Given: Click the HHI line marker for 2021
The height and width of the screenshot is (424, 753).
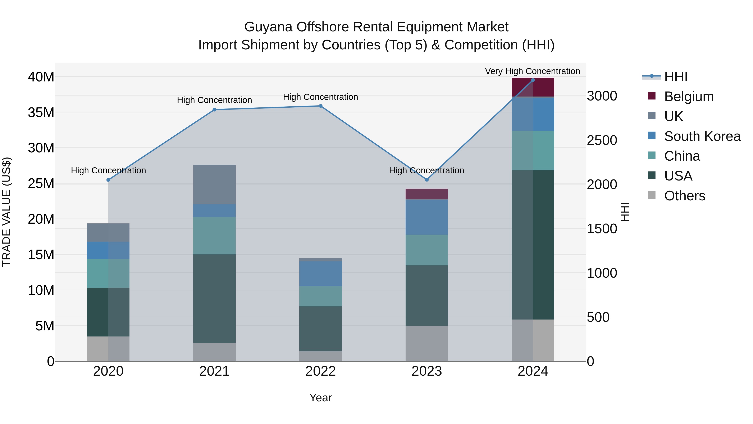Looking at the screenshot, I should coord(214,110).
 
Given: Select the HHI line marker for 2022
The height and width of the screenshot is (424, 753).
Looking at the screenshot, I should coord(320,106).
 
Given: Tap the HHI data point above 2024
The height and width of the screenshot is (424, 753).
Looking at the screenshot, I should coord(533,80).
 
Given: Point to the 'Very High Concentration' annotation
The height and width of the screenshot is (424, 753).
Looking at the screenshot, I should coord(532,71).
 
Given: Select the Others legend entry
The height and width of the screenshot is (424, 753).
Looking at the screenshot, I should coord(684,196).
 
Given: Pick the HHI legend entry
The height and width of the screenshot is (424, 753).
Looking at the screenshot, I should coord(676,77).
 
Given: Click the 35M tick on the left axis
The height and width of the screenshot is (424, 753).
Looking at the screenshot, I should coord(41,112).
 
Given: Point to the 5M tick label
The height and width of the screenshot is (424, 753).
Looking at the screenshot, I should coord(45,326).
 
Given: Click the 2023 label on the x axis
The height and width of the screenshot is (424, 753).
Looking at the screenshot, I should coord(426,371).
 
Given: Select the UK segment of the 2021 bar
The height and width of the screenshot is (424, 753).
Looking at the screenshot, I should coord(214,184).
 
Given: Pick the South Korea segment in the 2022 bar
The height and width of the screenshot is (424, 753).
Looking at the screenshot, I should coord(320,274).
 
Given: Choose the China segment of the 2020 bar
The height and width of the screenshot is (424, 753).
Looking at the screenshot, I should coord(108,273).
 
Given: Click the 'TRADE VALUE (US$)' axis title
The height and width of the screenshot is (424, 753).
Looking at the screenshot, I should coord(6,212).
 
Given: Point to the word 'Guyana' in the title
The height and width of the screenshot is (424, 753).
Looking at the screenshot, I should coord(268,27).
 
